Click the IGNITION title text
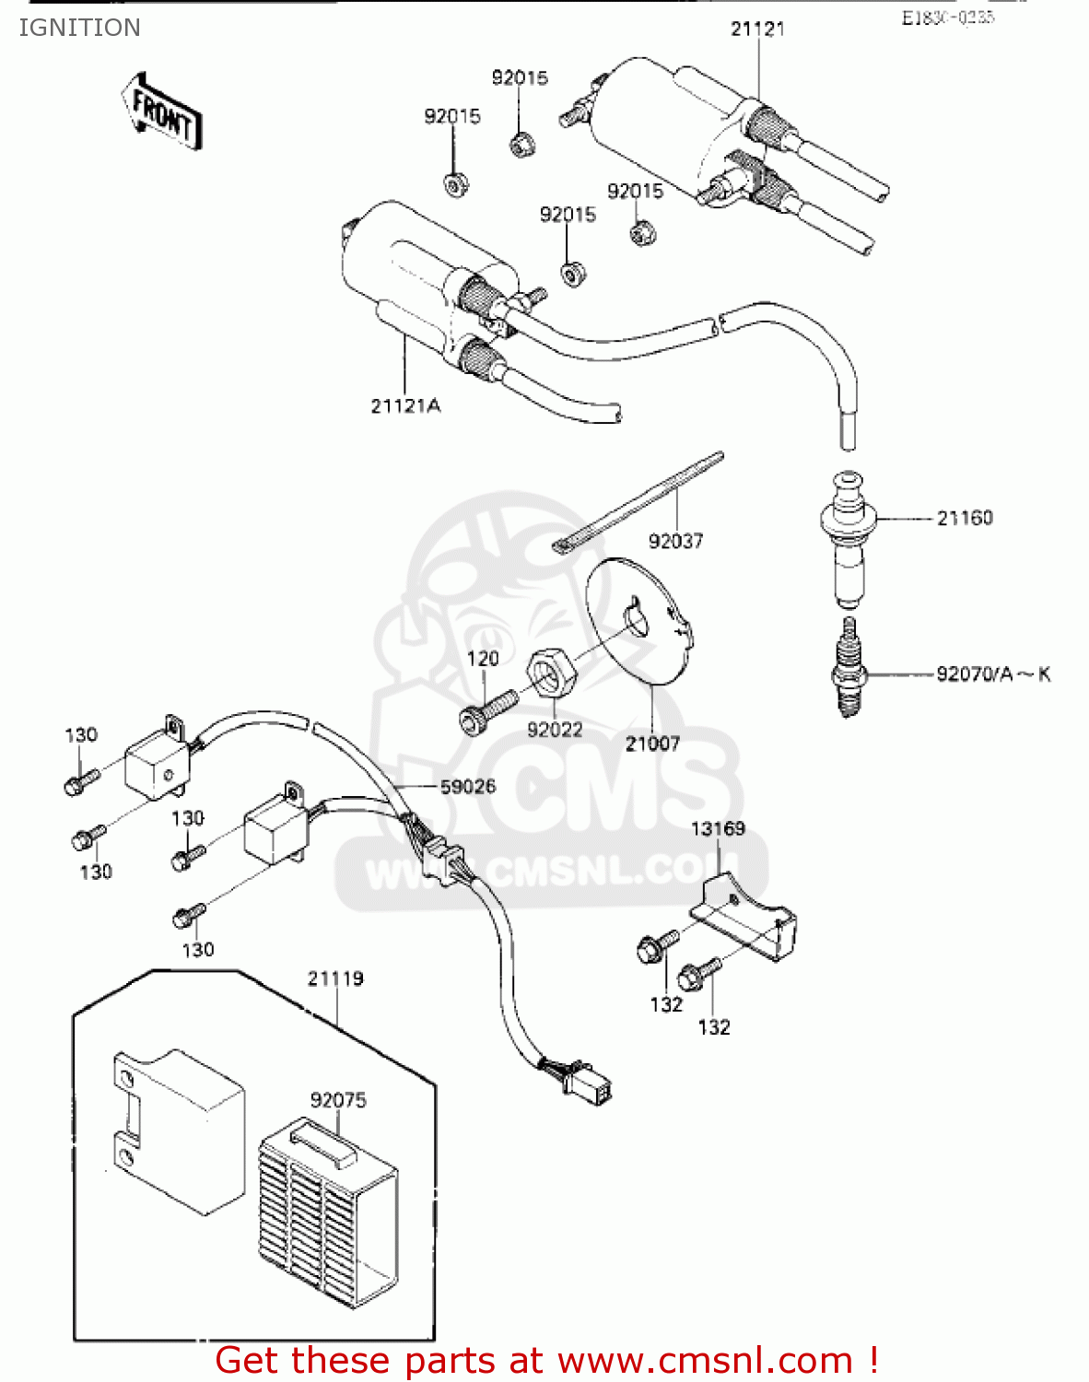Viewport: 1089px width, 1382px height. click(79, 28)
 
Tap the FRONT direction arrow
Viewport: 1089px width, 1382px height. click(162, 111)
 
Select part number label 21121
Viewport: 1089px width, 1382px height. click(757, 29)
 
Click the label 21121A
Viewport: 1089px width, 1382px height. click(405, 405)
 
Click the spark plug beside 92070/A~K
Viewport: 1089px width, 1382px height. click(848, 669)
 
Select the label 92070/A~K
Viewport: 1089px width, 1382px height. click(993, 673)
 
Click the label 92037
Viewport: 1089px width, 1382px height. click(675, 541)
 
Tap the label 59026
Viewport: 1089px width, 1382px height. click(467, 786)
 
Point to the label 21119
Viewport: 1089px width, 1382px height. click(335, 978)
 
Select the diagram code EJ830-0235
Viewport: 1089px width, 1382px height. click(947, 18)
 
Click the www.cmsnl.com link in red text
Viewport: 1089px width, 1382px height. click(705, 1360)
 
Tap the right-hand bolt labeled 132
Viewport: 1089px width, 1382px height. click(699, 975)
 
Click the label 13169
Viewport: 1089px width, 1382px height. click(718, 828)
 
